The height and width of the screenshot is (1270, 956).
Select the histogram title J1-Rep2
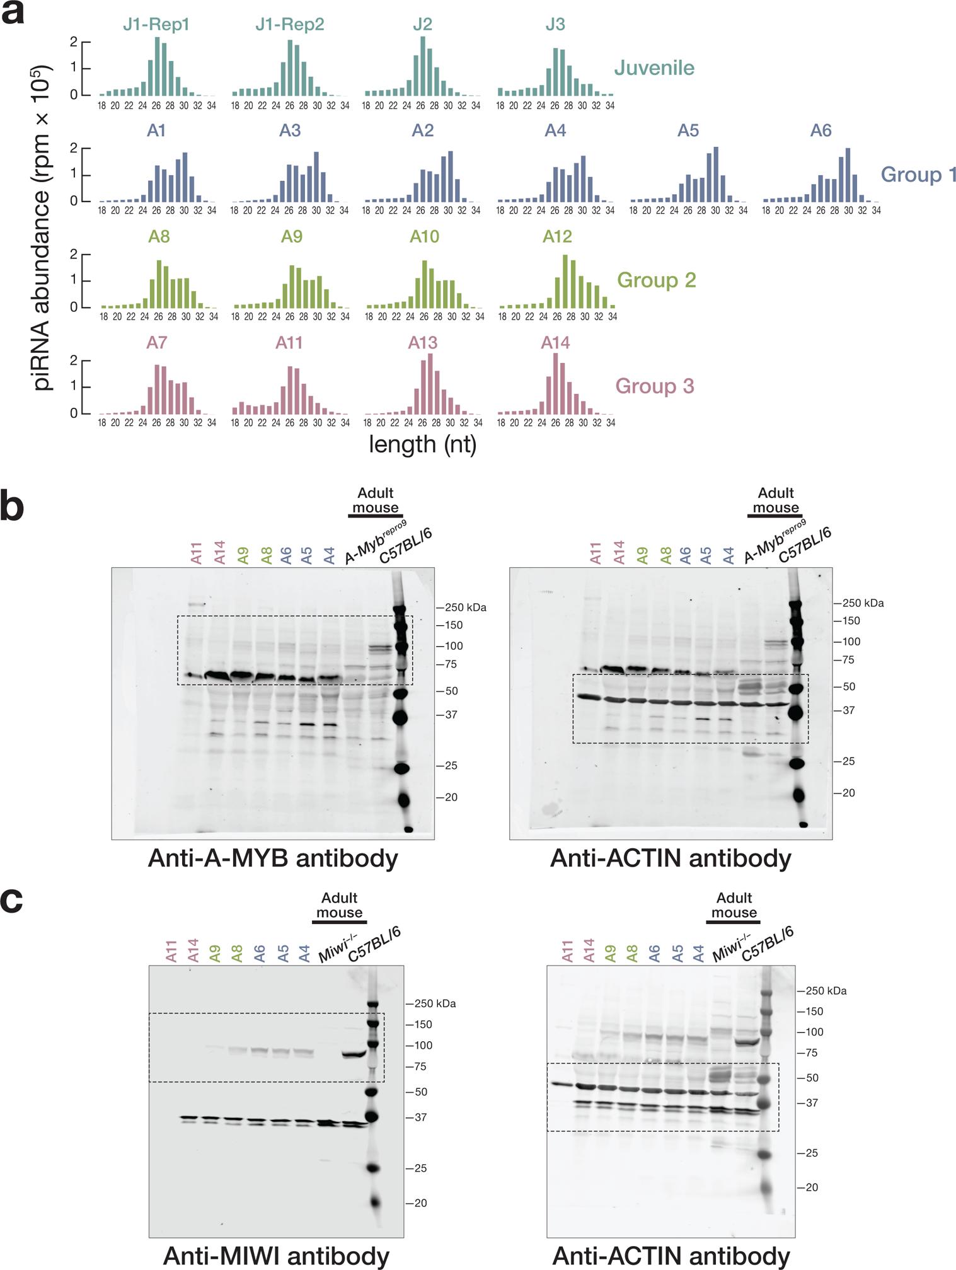(289, 25)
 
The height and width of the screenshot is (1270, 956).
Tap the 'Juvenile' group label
(654, 68)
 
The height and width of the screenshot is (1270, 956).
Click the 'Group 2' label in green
(656, 280)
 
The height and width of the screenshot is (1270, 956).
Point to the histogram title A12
(557, 236)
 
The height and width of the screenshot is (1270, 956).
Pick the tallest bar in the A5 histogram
(715, 174)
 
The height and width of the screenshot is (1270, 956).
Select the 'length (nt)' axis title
(422, 444)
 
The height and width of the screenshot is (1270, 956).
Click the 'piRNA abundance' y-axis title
(43, 227)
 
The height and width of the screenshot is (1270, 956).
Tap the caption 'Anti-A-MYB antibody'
(273, 858)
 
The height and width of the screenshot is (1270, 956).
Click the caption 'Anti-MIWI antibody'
(276, 1256)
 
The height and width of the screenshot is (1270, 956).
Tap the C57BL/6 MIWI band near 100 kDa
(354, 1054)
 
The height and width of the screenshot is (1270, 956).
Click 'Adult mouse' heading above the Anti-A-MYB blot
(375, 500)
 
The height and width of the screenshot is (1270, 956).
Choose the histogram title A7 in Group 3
(156, 342)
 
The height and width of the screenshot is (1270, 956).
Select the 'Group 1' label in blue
(918, 174)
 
